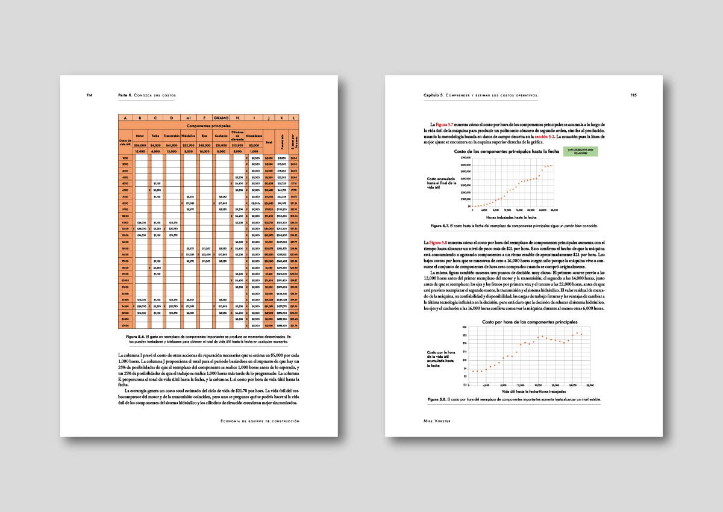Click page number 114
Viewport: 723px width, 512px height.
click(89, 95)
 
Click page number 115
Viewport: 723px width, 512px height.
click(633, 95)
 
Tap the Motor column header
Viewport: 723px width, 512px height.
click(140, 136)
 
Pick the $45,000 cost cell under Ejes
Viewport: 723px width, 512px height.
click(204, 145)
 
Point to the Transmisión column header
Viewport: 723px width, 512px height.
click(172, 136)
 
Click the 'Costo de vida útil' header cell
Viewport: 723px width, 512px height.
click(125, 142)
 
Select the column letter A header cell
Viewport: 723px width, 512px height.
click(125, 118)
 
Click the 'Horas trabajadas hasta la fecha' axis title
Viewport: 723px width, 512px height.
click(511, 216)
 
